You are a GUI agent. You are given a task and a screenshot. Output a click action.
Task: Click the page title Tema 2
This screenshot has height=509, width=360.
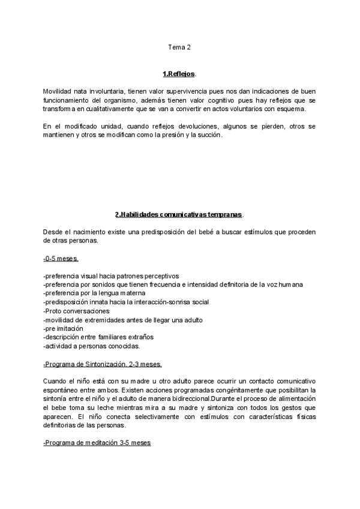pos(179,47)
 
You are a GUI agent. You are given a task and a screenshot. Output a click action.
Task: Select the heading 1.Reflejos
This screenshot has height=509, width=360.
pos(179,74)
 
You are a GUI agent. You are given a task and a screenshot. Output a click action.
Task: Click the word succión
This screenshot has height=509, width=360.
pos(208,135)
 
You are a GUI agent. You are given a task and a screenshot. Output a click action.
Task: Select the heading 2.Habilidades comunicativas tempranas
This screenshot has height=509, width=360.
pos(179,214)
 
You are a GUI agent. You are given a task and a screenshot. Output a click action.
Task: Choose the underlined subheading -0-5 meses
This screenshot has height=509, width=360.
pos(61,258)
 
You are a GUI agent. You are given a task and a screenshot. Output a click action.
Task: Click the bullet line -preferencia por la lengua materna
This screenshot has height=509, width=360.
pos(90,293)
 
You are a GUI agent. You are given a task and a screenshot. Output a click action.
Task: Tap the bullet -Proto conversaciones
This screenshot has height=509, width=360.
pos(76,311)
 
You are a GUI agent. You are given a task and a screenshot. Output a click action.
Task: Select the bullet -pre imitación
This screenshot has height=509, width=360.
pos(64,329)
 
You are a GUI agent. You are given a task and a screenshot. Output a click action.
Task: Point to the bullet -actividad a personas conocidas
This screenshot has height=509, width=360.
pos(91,346)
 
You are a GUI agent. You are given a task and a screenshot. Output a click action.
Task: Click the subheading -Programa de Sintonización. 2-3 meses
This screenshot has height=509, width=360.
pos(102,364)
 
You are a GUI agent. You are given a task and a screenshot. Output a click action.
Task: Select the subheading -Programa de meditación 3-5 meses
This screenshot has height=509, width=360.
pos(97,443)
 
